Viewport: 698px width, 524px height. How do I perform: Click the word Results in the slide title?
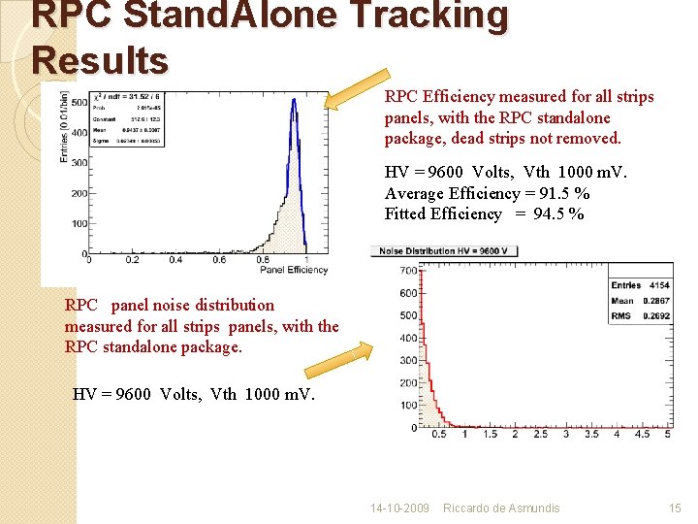coord(100,60)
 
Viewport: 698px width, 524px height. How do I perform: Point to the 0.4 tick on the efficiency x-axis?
coord(176,259)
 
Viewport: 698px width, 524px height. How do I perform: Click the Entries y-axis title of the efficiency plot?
coord(65,127)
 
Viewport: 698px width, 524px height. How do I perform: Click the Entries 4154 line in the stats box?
coord(640,285)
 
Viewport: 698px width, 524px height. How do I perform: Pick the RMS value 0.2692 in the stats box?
coord(652,315)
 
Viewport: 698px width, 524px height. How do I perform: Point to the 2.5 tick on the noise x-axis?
coord(541,434)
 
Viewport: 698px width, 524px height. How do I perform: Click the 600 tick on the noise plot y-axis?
coord(408,293)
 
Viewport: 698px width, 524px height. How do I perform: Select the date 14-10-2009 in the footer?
coord(400,508)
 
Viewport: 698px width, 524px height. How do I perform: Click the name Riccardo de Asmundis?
coord(501,508)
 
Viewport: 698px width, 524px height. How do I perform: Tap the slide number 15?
coord(675,508)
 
